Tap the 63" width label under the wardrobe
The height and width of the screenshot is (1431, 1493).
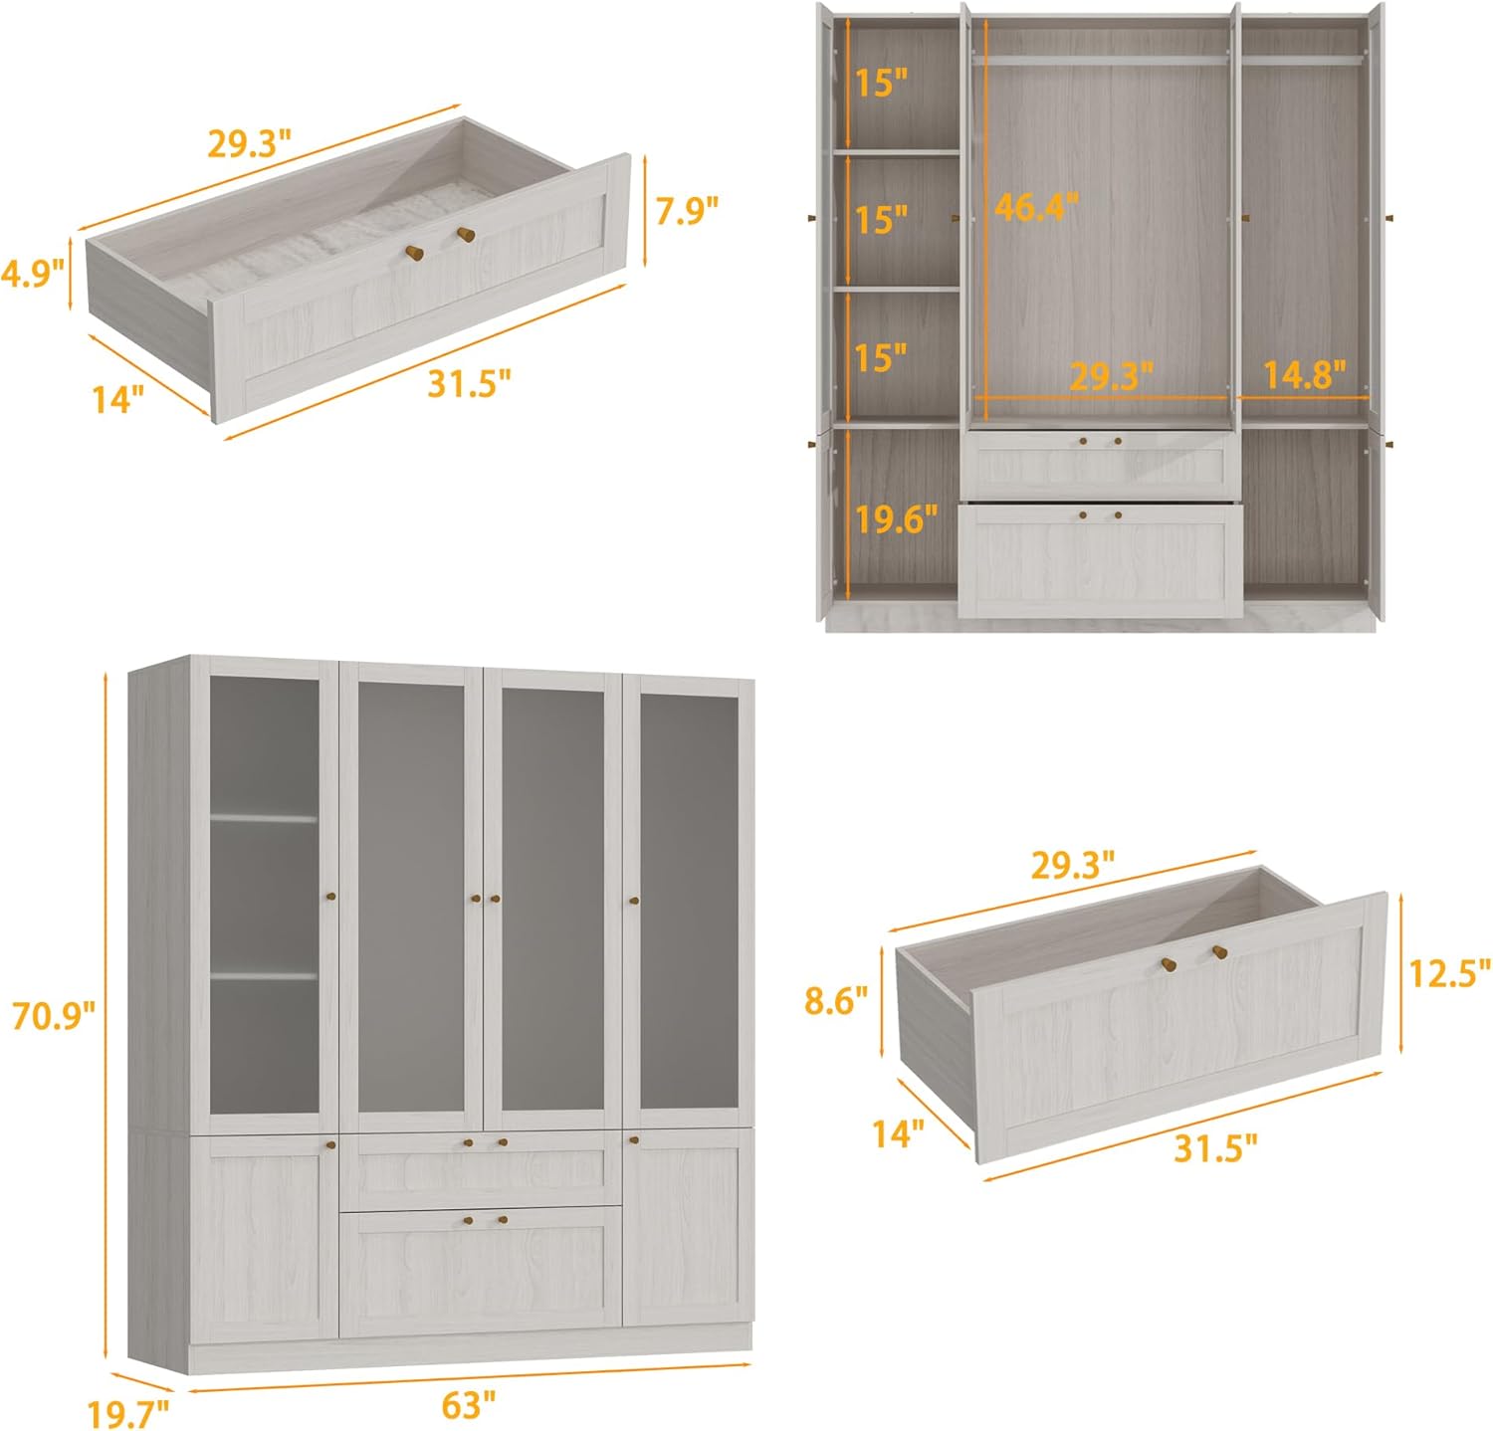[468, 1405]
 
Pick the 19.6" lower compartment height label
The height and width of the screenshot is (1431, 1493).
[896, 517]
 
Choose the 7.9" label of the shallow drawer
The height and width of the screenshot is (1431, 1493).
[687, 210]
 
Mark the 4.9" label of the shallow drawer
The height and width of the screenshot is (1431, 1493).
[32, 272]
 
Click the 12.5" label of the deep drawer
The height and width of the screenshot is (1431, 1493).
[1449, 972]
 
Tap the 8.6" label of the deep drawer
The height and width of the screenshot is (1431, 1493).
[836, 1000]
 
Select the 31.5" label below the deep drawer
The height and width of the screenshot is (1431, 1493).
[1215, 1147]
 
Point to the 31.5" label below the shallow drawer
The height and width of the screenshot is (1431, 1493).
[469, 382]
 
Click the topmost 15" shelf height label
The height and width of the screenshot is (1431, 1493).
[881, 83]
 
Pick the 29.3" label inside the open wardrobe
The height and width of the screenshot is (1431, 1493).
[1111, 376]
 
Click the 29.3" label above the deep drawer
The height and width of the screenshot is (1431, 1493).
[1071, 866]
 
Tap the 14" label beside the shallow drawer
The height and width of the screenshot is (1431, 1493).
[118, 399]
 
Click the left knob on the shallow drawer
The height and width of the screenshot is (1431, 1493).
[412, 252]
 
